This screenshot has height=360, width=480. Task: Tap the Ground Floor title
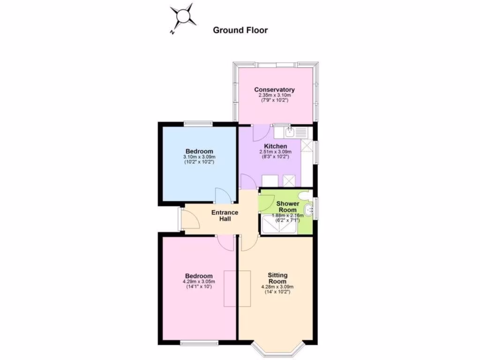coord(240,30)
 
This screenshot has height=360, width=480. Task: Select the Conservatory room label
coord(274,90)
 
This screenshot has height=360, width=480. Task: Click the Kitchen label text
coord(276,146)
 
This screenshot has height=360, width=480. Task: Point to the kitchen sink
coord(290,131)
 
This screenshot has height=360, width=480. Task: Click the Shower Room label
coord(287,207)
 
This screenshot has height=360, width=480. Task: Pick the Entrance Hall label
coord(225,216)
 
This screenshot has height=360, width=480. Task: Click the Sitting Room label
coord(277,278)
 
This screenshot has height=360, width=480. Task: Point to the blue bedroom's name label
coord(199,151)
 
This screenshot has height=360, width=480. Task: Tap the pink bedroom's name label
coord(199,276)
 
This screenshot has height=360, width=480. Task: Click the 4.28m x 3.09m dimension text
coord(277,287)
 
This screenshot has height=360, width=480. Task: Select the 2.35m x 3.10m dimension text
coord(274,96)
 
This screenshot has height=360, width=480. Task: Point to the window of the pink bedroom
coord(199,343)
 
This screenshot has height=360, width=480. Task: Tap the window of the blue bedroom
coord(198,123)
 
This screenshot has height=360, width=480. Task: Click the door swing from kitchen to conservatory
coord(259,133)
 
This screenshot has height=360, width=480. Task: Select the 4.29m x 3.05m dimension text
coord(199,282)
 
